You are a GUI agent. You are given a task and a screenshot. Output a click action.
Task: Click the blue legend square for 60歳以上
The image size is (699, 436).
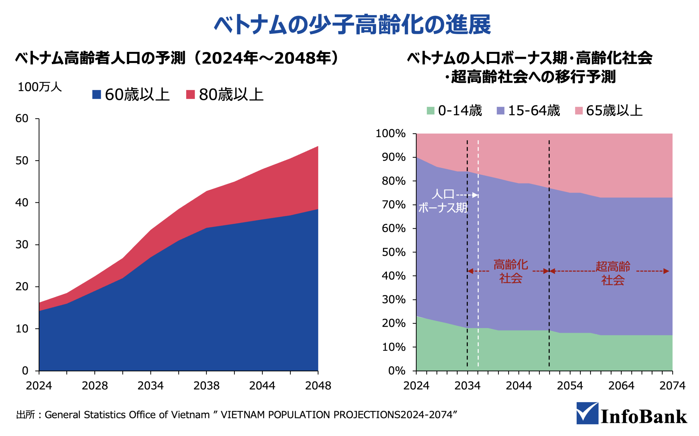97,94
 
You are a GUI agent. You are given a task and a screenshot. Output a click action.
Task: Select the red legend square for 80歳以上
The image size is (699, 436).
190,94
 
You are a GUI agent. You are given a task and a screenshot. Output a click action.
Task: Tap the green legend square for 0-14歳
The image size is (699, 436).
431,111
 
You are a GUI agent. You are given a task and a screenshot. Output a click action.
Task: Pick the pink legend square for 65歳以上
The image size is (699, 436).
579,111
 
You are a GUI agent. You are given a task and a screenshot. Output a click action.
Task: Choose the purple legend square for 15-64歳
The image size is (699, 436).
500,111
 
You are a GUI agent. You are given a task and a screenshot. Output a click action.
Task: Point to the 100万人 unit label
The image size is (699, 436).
40,87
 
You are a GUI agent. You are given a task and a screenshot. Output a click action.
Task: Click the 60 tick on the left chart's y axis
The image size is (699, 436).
22,118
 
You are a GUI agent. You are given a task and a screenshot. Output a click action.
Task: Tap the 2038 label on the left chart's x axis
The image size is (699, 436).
206,386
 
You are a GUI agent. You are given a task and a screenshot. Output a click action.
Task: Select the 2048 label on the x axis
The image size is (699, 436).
318,386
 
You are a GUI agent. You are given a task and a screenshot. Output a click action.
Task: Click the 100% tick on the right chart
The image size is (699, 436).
390,134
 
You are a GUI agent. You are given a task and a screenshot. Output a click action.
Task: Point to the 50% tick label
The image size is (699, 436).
394,252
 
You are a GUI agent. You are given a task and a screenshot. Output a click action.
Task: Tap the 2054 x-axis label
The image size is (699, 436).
570,386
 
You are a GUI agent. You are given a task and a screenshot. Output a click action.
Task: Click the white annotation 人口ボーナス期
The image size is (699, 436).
442,201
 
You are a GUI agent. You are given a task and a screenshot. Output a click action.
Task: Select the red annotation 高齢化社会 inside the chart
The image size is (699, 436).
511,271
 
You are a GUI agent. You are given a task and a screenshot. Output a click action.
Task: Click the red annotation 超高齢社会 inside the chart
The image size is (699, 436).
613,273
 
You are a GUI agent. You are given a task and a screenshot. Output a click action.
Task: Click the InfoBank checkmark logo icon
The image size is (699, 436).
587,413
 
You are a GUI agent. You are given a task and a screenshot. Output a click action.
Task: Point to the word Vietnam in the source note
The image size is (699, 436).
190,415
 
